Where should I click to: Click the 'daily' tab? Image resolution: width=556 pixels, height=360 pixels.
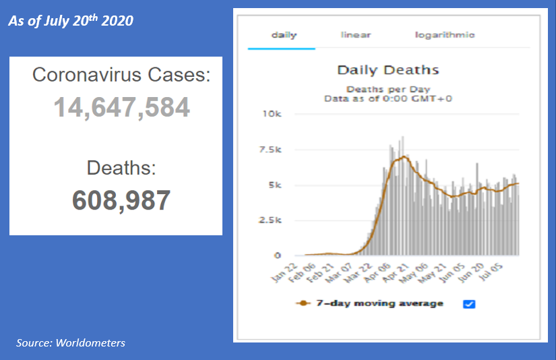click(284, 34)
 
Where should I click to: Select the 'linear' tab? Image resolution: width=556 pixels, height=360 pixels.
click(356, 34)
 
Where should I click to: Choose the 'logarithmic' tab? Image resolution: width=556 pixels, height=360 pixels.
click(445, 34)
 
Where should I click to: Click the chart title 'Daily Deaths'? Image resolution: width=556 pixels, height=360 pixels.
click(388, 70)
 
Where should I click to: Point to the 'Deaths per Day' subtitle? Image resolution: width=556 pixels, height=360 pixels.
click(388, 89)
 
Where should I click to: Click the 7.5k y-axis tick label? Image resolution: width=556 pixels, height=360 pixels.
click(270, 150)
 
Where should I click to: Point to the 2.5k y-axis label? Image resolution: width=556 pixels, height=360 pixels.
click(270, 220)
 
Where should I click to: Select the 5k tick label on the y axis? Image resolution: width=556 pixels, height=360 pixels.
click(274, 185)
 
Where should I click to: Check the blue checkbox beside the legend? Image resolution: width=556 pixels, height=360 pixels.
click(470, 304)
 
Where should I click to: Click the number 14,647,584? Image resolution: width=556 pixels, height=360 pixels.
click(121, 108)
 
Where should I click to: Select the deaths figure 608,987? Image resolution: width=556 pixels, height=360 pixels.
click(121, 200)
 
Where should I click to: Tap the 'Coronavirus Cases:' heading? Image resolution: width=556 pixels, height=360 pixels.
click(121, 75)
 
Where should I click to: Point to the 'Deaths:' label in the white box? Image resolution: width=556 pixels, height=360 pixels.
click(121, 167)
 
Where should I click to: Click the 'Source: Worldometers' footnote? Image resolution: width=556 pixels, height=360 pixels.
click(71, 343)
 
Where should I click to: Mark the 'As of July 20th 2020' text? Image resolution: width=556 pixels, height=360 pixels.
click(70, 21)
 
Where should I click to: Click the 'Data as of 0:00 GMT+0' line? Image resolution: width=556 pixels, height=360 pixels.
click(388, 98)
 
